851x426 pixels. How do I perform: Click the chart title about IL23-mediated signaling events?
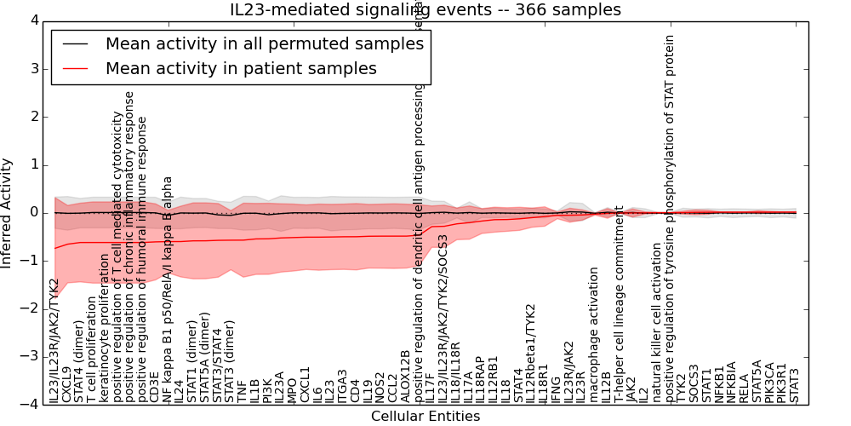point(425,10)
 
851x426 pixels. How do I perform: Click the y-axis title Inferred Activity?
point(8,212)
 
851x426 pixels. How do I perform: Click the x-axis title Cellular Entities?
point(425,417)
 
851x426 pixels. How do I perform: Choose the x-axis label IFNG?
point(556,389)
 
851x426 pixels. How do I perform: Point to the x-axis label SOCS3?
point(694,383)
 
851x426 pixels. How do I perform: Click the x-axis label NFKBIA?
point(732,382)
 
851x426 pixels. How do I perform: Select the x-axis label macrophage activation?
point(594,335)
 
